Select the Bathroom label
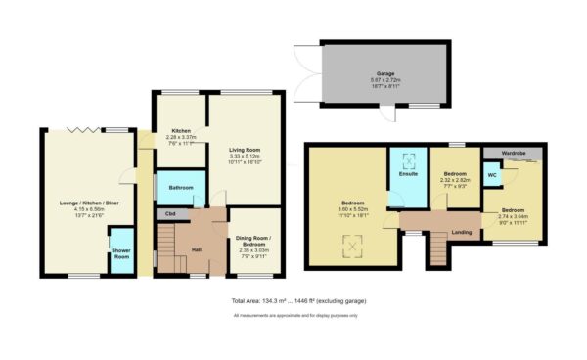coord(181,187)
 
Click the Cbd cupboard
coord(169,213)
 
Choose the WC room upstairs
coord(492,176)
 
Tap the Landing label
coord(460,232)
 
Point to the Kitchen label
coord(181,131)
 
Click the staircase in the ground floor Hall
coord(169,249)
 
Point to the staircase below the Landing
coord(437,253)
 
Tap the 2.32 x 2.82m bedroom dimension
coord(456,180)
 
